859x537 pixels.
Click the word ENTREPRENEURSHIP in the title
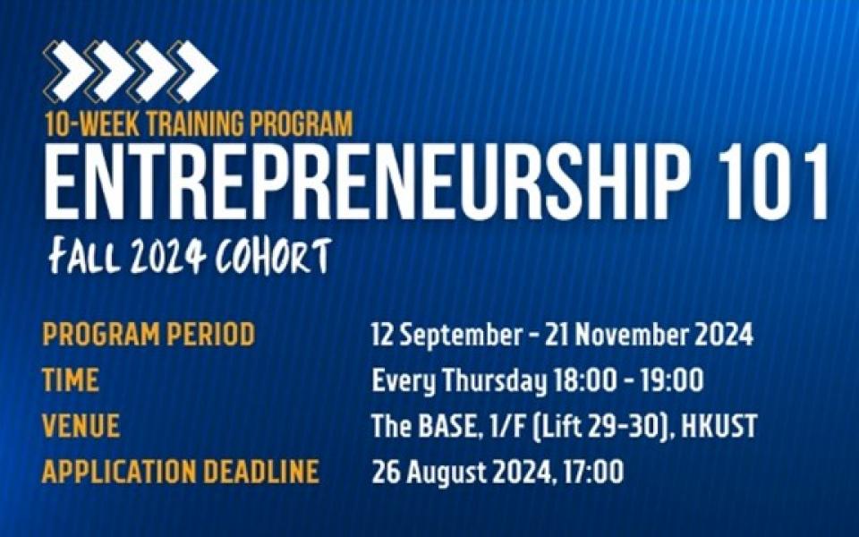tap(366, 182)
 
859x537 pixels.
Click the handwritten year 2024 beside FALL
tap(167, 256)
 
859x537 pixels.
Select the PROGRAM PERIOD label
tap(149, 334)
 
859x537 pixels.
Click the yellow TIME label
tap(71, 379)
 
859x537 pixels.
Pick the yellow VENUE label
tap(81, 426)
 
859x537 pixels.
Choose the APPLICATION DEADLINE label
tap(180, 472)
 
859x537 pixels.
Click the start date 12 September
tap(447, 335)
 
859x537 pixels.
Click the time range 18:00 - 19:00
tap(629, 380)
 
